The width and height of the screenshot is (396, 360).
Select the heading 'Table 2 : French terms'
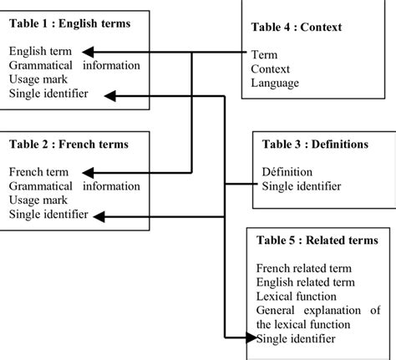coord(69,145)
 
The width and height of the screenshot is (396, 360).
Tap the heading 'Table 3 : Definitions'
coord(315,145)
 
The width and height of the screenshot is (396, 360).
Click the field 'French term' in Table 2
coord(38,172)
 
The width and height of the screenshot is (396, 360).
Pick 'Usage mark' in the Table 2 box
coord(38,200)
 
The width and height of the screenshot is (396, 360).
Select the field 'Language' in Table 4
coord(275,84)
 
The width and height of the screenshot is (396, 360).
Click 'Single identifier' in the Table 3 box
coord(301,186)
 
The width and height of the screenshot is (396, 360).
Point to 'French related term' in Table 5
coord(304,267)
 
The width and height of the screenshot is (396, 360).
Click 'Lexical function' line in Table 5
coord(297,296)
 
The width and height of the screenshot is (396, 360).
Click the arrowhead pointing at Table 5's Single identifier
coord(251,338)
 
